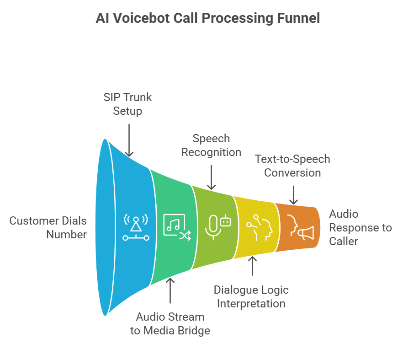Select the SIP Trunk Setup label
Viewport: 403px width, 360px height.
click(x=127, y=104)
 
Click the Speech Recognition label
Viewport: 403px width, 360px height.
click(x=211, y=145)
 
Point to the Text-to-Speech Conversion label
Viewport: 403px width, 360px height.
click(x=292, y=166)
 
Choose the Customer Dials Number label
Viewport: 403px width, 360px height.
click(x=48, y=228)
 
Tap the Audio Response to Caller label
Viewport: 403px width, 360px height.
click(x=361, y=228)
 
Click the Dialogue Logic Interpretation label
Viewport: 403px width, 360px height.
click(x=251, y=297)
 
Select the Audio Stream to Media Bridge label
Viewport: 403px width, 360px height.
click(x=170, y=324)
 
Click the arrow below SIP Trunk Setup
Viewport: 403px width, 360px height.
click(x=129, y=140)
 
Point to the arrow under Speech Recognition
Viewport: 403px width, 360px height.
click(x=211, y=177)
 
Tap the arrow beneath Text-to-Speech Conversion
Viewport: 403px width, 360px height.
click(x=293, y=195)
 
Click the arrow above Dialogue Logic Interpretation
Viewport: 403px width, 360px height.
click(x=252, y=266)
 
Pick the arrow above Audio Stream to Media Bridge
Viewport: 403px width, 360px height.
click(x=170, y=290)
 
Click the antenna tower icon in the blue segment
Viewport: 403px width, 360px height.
click(x=136, y=227)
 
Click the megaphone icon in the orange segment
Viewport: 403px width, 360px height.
click(x=306, y=233)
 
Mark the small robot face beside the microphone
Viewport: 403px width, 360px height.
click(x=226, y=221)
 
